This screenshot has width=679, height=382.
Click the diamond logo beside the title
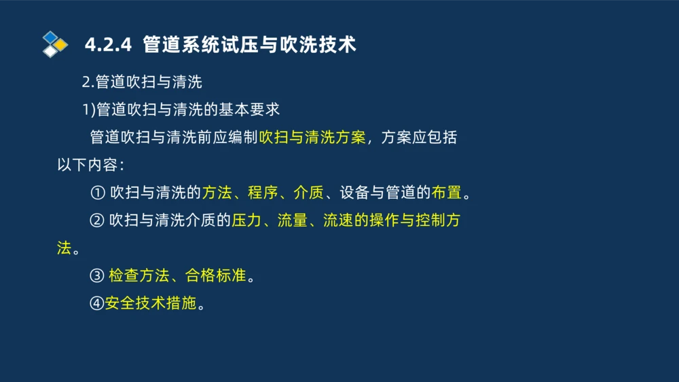click(x=54, y=44)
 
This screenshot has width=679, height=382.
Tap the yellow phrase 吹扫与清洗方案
click(x=312, y=138)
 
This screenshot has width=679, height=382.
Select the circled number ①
click(x=97, y=193)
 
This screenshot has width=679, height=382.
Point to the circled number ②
click(x=97, y=221)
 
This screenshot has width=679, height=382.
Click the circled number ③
click(x=97, y=276)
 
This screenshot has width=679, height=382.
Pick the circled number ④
click(x=97, y=303)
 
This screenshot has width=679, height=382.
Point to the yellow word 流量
click(x=293, y=221)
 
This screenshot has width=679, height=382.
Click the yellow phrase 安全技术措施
click(x=151, y=303)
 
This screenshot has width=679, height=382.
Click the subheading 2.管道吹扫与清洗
click(x=142, y=83)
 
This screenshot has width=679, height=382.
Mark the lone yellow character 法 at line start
click(x=65, y=248)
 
